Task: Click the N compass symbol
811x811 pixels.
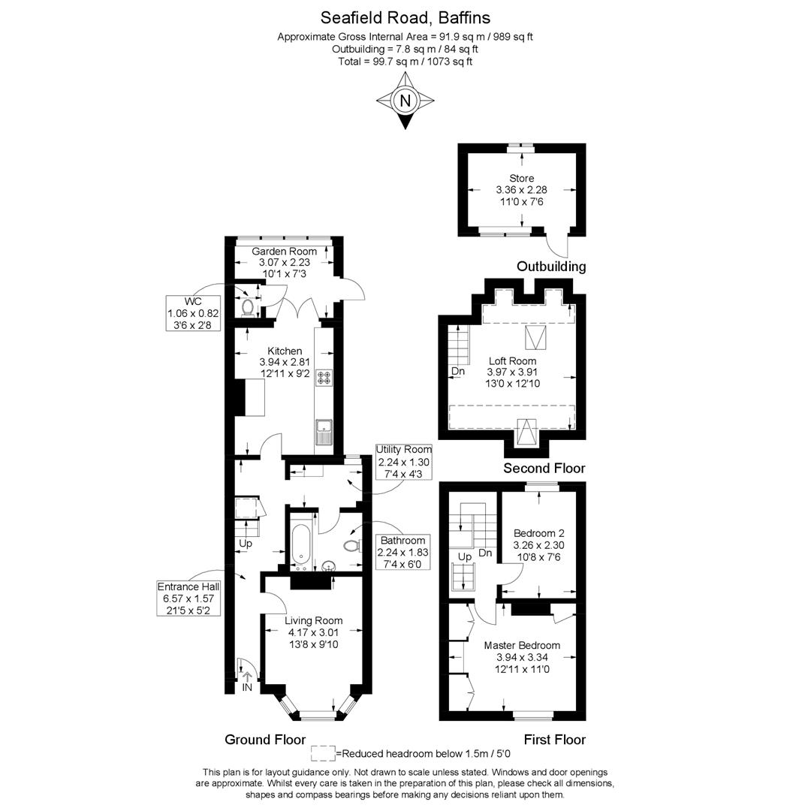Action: (x=405, y=101)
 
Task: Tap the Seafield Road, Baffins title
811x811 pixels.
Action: (x=405, y=17)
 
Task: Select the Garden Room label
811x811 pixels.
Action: (x=284, y=252)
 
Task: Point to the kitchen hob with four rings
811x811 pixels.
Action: (x=324, y=377)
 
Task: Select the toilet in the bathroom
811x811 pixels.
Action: (x=352, y=546)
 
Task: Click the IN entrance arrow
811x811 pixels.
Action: (x=247, y=676)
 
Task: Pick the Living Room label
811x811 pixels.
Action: (x=313, y=621)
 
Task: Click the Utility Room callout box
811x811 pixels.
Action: (x=403, y=462)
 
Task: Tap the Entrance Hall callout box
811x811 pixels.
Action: (x=188, y=598)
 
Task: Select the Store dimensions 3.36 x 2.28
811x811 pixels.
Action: (x=521, y=190)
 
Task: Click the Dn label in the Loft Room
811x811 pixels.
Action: (x=458, y=372)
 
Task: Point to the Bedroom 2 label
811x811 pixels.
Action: (x=539, y=533)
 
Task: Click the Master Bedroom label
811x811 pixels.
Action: (x=522, y=646)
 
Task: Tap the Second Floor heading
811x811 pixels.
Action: (x=544, y=468)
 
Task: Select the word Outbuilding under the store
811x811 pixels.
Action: (x=551, y=267)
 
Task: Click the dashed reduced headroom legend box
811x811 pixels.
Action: (x=323, y=753)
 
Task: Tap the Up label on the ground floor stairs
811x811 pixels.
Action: (x=245, y=544)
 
